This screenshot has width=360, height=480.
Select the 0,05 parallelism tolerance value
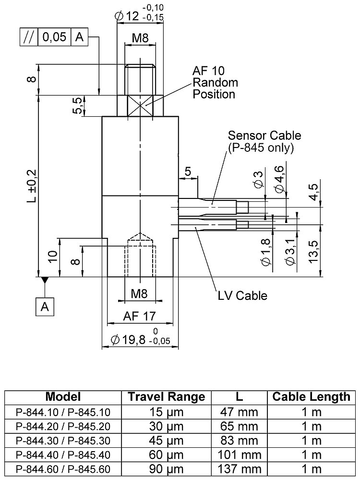click(x=54, y=37)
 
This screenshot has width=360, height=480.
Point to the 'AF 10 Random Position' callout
click(x=215, y=82)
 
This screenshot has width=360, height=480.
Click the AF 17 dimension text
click(x=140, y=316)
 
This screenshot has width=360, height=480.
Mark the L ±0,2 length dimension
click(x=32, y=185)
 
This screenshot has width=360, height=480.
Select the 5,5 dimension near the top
click(x=77, y=105)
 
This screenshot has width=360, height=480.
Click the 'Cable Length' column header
click(x=312, y=396)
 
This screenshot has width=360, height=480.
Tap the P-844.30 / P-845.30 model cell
click(x=63, y=441)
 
